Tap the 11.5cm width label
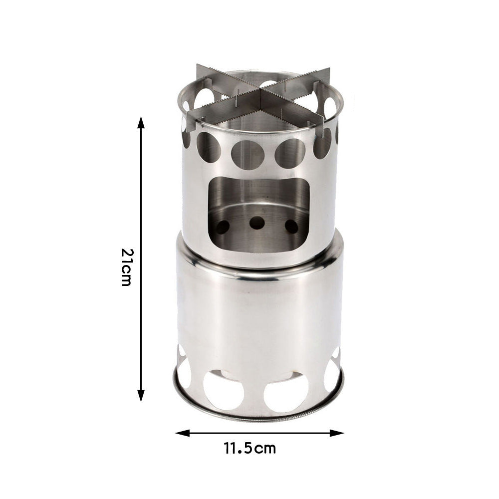(250, 448)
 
